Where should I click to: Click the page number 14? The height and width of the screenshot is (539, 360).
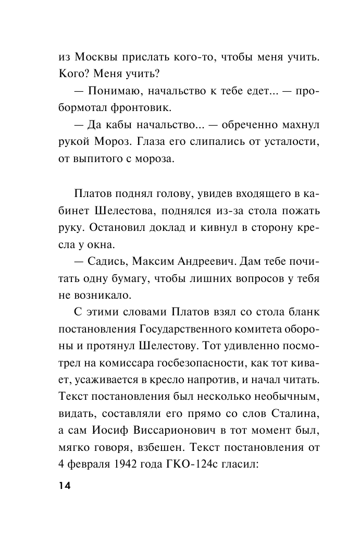(65, 486)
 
